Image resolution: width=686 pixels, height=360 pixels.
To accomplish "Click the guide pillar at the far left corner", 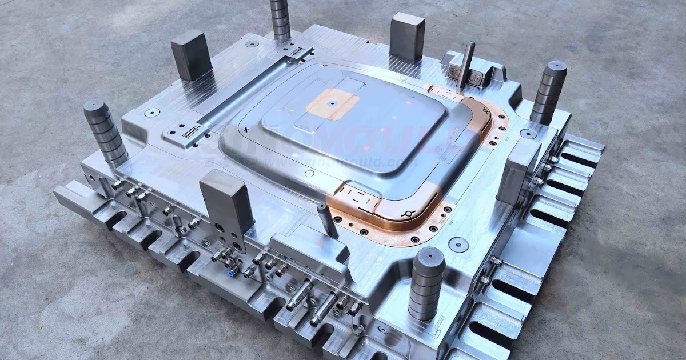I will (105, 132).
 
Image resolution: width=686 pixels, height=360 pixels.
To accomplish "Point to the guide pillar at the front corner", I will (426, 283).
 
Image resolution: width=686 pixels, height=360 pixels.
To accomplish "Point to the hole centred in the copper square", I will (332, 104).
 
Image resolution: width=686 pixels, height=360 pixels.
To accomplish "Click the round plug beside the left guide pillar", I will (151, 113).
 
